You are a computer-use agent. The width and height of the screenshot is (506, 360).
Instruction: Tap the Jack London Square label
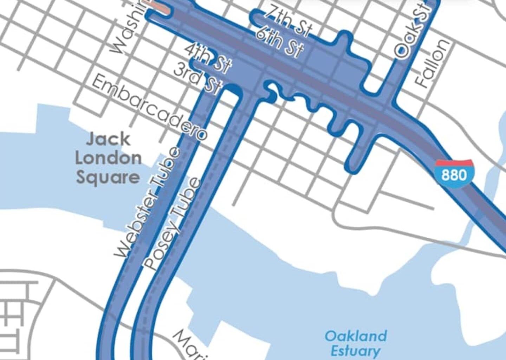[108, 159]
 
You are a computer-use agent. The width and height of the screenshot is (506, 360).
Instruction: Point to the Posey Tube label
[173, 225]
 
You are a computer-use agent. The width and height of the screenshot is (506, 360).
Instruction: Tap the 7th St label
[287, 21]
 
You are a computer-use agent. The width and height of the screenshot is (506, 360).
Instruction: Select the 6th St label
[279, 42]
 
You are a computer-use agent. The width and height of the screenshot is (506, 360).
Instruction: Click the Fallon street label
[432, 63]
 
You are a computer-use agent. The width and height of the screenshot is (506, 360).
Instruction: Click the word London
[108, 159]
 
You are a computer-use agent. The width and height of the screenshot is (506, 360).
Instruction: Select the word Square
[108, 178]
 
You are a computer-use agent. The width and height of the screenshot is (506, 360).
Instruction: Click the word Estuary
[355, 351]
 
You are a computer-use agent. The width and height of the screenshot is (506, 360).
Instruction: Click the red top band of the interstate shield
[454, 163]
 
